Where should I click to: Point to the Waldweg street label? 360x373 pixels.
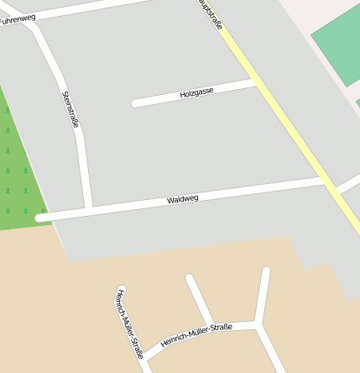pos(182,199)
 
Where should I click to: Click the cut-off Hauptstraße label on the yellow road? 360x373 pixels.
pos(211,15)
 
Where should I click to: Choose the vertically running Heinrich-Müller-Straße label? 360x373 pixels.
pos(129,323)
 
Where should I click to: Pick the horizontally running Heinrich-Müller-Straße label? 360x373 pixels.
pos(196,334)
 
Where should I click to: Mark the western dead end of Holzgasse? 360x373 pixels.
pos(135,104)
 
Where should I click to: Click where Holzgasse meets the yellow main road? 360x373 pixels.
pos(256,82)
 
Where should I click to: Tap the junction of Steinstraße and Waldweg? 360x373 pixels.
pos(88,208)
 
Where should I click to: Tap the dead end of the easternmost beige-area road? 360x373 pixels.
pos(266,271)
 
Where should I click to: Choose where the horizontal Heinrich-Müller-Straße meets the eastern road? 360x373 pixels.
pos(256,323)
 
